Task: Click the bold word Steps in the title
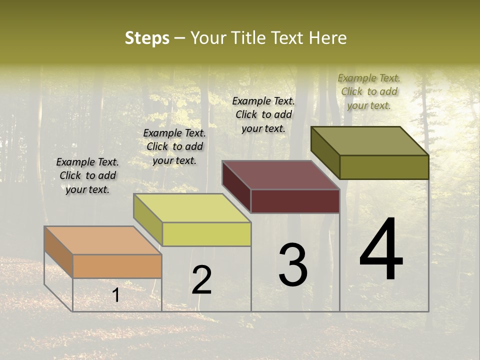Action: pos(147,38)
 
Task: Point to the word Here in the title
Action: pos(327,38)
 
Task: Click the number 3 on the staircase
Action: pos(292,265)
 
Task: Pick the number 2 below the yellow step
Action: pos(201,280)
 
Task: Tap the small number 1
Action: pos(116,295)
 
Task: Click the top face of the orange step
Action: pos(102,240)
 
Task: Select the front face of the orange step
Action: pos(117,266)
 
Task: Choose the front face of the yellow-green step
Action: pos(206,234)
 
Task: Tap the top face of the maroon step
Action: pos(280,175)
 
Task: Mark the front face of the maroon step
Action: pos(295,201)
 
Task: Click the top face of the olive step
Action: pos(369,141)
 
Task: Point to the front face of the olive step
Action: pos(384,167)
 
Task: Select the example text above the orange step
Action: pos(87,175)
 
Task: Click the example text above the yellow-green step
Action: pos(174,146)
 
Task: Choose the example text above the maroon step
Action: pos(263,114)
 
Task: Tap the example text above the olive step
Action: pos(369,91)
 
